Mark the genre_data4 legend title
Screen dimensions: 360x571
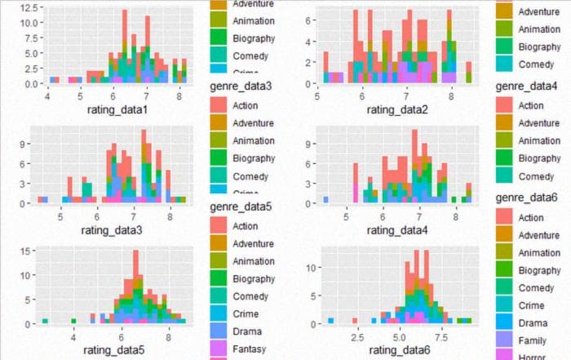pyautogui.click(x=527, y=86)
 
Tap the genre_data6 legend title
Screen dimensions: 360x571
pyautogui.click(x=527, y=198)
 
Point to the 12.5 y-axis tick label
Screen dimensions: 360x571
pyautogui.click(x=29, y=7)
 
